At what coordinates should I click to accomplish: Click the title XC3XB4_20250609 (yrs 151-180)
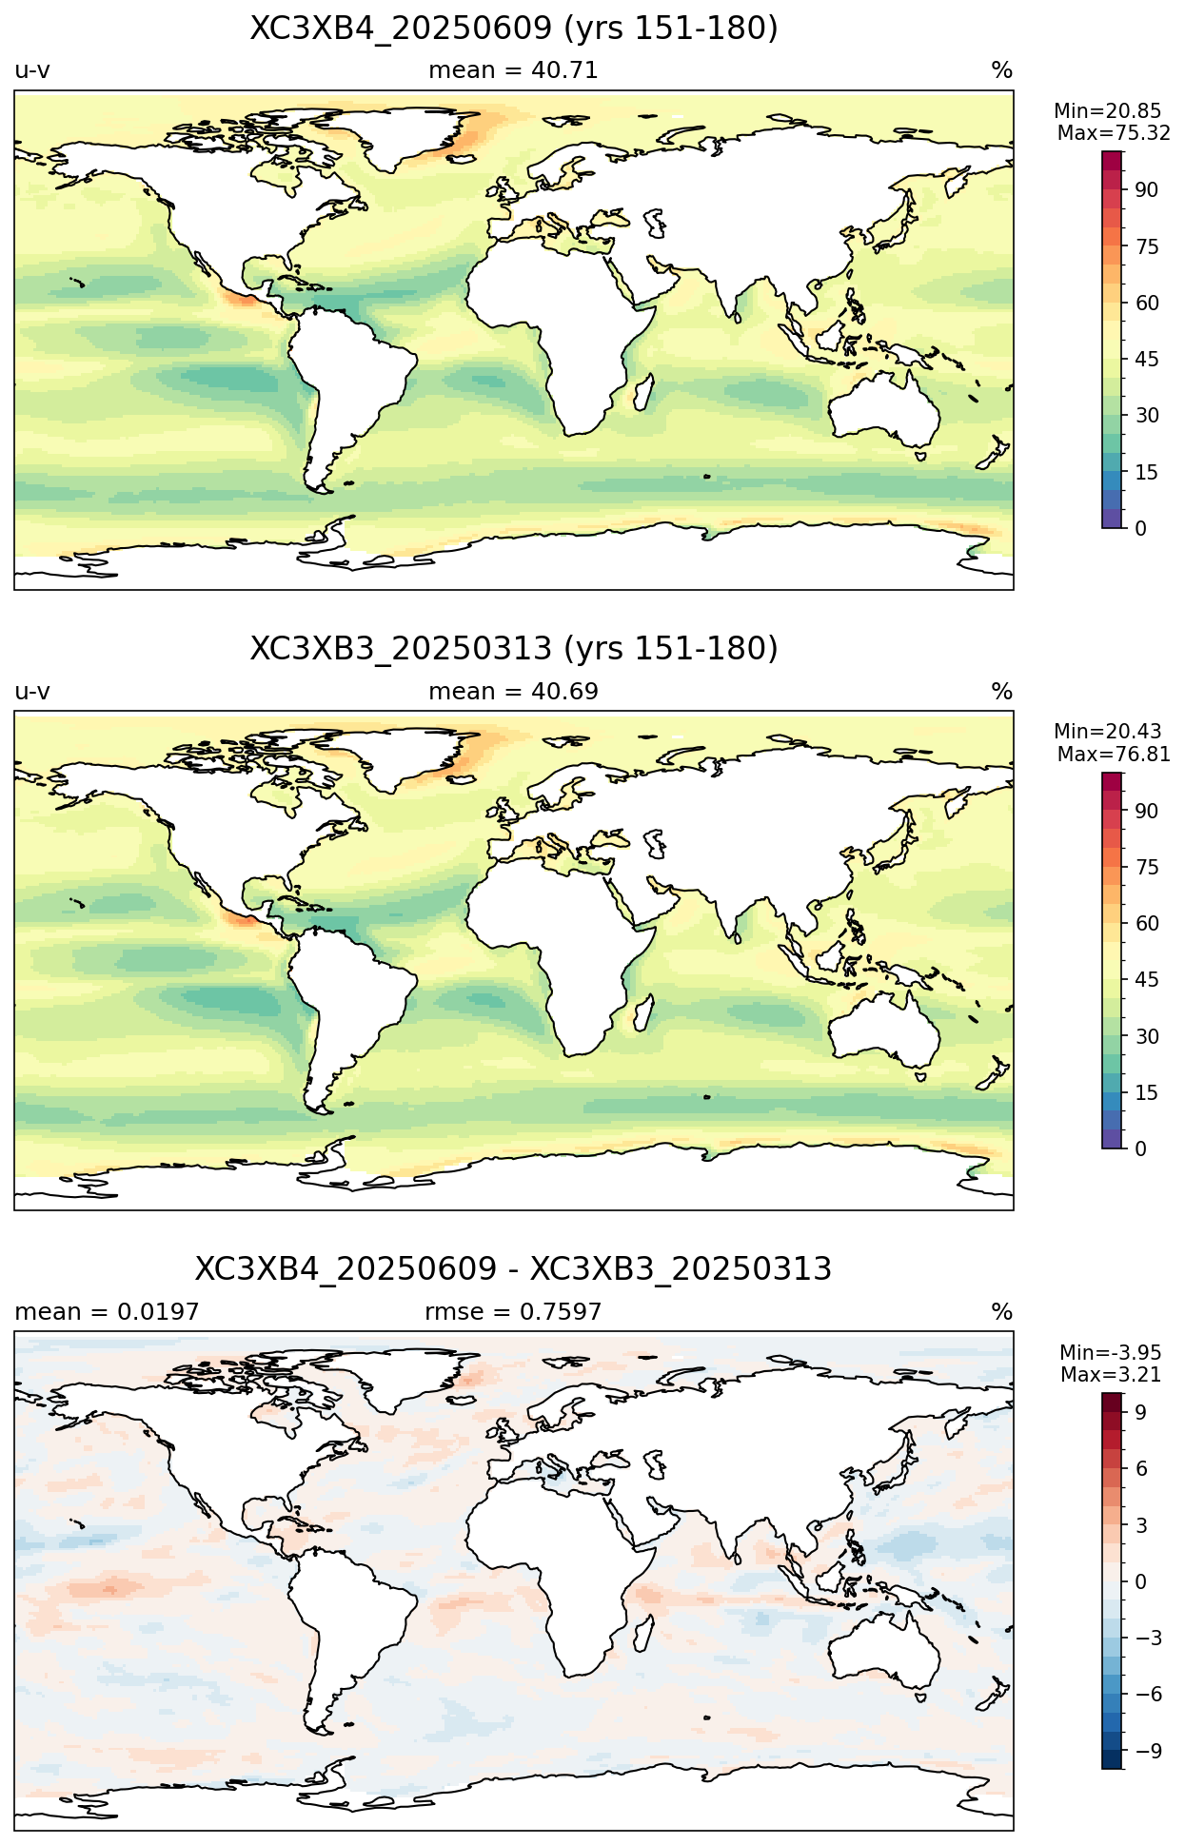pyautogui.click(x=514, y=29)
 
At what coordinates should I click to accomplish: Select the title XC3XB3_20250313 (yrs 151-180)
pyautogui.click(x=514, y=649)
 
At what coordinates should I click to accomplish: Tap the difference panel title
pyautogui.click(x=514, y=1269)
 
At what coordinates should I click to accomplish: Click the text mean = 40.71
pyautogui.click(x=513, y=70)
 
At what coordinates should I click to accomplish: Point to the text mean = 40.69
pyautogui.click(x=513, y=692)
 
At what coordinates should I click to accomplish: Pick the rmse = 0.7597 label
pyautogui.click(x=513, y=1312)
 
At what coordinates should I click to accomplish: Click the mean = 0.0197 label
pyautogui.click(x=107, y=1312)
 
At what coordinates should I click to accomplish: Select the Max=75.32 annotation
pyautogui.click(x=1114, y=133)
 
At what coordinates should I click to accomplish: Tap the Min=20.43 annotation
pyautogui.click(x=1108, y=732)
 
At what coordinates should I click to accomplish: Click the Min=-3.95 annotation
pyautogui.click(x=1111, y=1353)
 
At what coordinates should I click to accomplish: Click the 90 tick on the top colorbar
pyautogui.click(x=1146, y=190)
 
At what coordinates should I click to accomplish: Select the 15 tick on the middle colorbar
pyautogui.click(x=1146, y=1093)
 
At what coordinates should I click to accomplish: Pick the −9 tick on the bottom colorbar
pyautogui.click(x=1149, y=1751)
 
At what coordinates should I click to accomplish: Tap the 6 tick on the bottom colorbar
pyautogui.click(x=1140, y=1469)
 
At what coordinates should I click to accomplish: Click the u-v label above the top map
pyautogui.click(x=32, y=70)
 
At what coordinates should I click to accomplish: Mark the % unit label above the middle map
pyautogui.click(x=1002, y=692)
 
